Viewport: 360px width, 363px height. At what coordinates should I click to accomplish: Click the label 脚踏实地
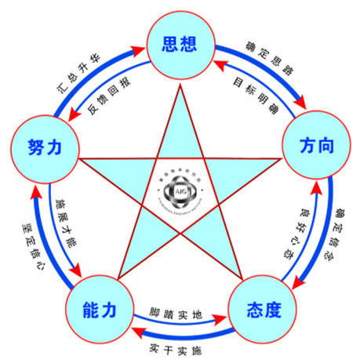click(x=176, y=314)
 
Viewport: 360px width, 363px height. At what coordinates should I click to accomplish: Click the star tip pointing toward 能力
click(x=118, y=278)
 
